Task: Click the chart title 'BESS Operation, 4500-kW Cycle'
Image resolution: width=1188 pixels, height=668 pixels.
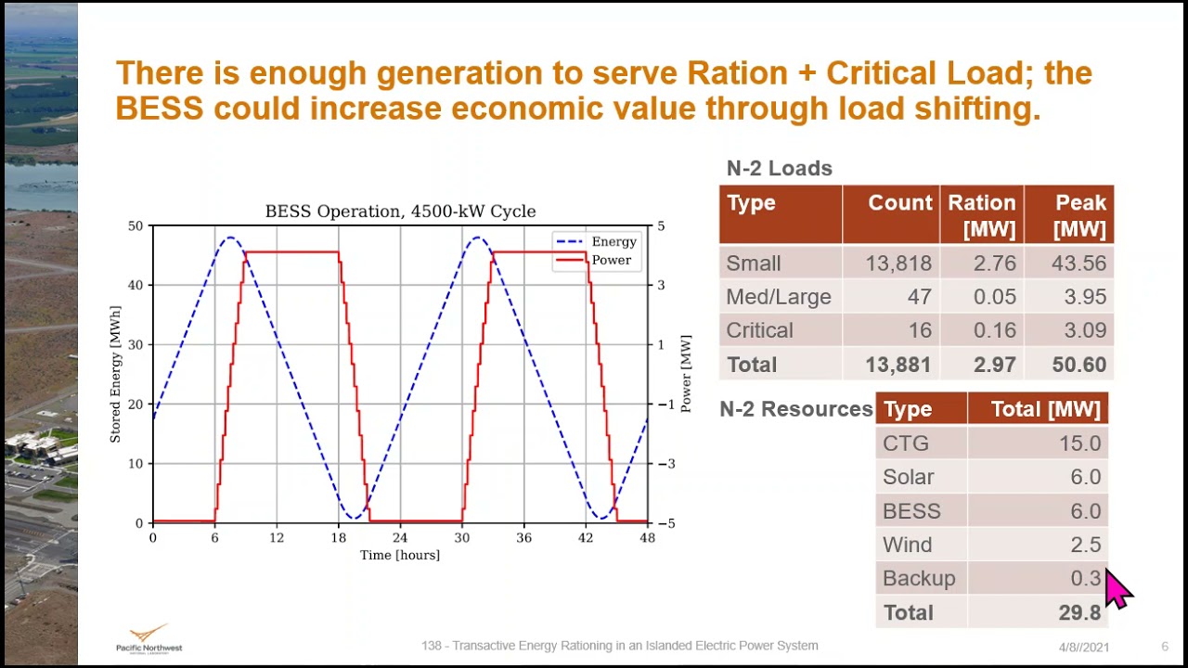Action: (x=400, y=212)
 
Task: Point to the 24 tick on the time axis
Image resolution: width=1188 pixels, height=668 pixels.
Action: (x=400, y=538)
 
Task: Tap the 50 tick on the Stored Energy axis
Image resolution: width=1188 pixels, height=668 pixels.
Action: (x=136, y=226)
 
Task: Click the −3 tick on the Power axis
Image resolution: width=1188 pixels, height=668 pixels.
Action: (x=661, y=464)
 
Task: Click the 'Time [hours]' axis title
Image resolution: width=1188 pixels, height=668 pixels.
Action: (x=400, y=556)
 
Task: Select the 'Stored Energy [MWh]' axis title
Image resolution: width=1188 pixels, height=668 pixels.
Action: (x=116, y=374)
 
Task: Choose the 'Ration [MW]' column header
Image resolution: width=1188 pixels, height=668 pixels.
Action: (x=981, y=215)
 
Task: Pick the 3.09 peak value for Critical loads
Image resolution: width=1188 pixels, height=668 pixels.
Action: (x=1078, y=331)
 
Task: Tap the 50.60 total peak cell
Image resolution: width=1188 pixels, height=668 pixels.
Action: (x=1078, y=365)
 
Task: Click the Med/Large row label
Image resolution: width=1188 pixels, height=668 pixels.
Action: (x=778, y=297)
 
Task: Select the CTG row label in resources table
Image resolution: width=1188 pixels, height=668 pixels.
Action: (x=905, y=443)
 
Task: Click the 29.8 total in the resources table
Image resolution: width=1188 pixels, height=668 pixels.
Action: (x=1078, y=612)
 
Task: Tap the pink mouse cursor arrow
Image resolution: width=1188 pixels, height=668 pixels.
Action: (x=1117, y=588)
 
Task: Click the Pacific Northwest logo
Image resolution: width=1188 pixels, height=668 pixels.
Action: (x=148, y=638)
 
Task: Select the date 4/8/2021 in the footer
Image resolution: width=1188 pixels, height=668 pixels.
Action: (x=1083, y=647)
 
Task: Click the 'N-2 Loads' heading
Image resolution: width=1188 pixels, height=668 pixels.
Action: (x=779, y=169)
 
